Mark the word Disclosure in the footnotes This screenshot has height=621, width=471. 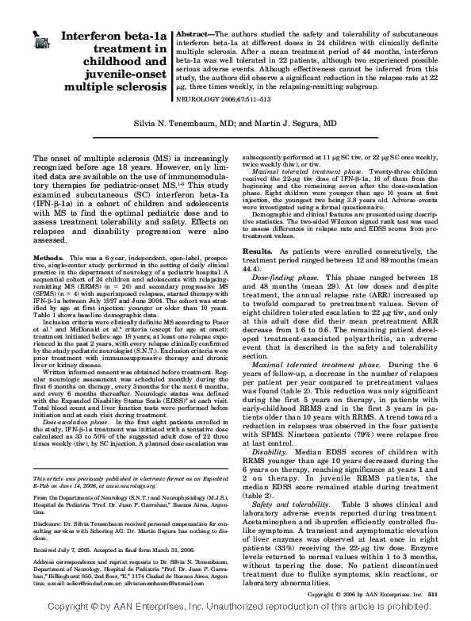(49, 522)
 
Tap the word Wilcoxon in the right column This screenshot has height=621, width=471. (358, 202)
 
